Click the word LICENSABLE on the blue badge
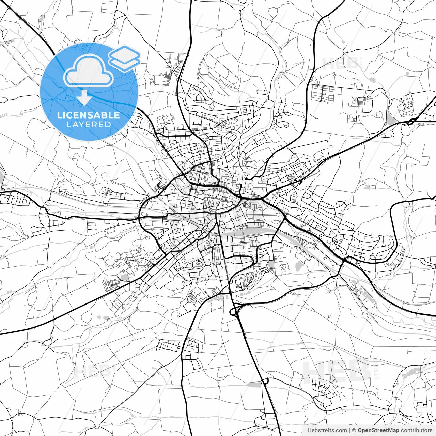(89, 115)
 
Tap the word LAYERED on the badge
(89, 124)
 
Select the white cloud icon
(89, 71)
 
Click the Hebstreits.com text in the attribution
(327, 430)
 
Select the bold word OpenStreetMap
(378, 430)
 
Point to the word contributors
(416, 430)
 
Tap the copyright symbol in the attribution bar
(354, 430)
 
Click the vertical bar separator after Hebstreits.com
(349, 430)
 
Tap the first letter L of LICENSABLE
(59, 115)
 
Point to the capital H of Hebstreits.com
(309, 430)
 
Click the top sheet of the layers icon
(125, 53)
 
